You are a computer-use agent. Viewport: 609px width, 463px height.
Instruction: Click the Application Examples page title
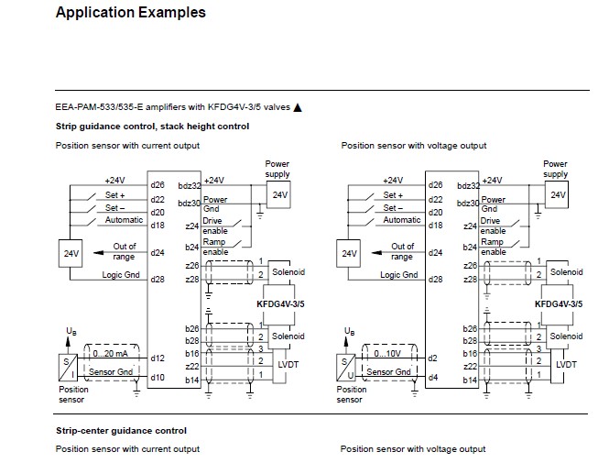130,13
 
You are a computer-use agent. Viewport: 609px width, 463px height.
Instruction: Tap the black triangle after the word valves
298,107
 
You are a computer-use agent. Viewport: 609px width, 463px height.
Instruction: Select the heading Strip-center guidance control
121,430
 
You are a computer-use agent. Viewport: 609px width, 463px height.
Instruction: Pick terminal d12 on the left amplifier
158,358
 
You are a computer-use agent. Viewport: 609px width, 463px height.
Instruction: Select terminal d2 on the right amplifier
433,358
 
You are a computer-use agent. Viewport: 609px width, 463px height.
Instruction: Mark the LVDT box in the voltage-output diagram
566,364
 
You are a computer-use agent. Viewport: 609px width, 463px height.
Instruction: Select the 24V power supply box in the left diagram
278,194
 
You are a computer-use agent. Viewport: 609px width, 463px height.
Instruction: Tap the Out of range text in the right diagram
403,250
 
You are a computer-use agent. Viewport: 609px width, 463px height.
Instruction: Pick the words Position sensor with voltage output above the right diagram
413,145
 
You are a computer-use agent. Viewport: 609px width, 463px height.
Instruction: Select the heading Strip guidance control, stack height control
152,126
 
